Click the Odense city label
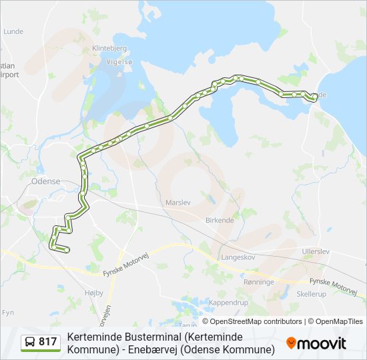point(46,181)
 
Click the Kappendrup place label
point(229,302)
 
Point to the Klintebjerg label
point(109,48)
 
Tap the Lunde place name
point(13,31)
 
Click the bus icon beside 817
point(30,343)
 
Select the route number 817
point(48,343)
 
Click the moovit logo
point(316,343)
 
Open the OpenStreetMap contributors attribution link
point(256,321)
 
